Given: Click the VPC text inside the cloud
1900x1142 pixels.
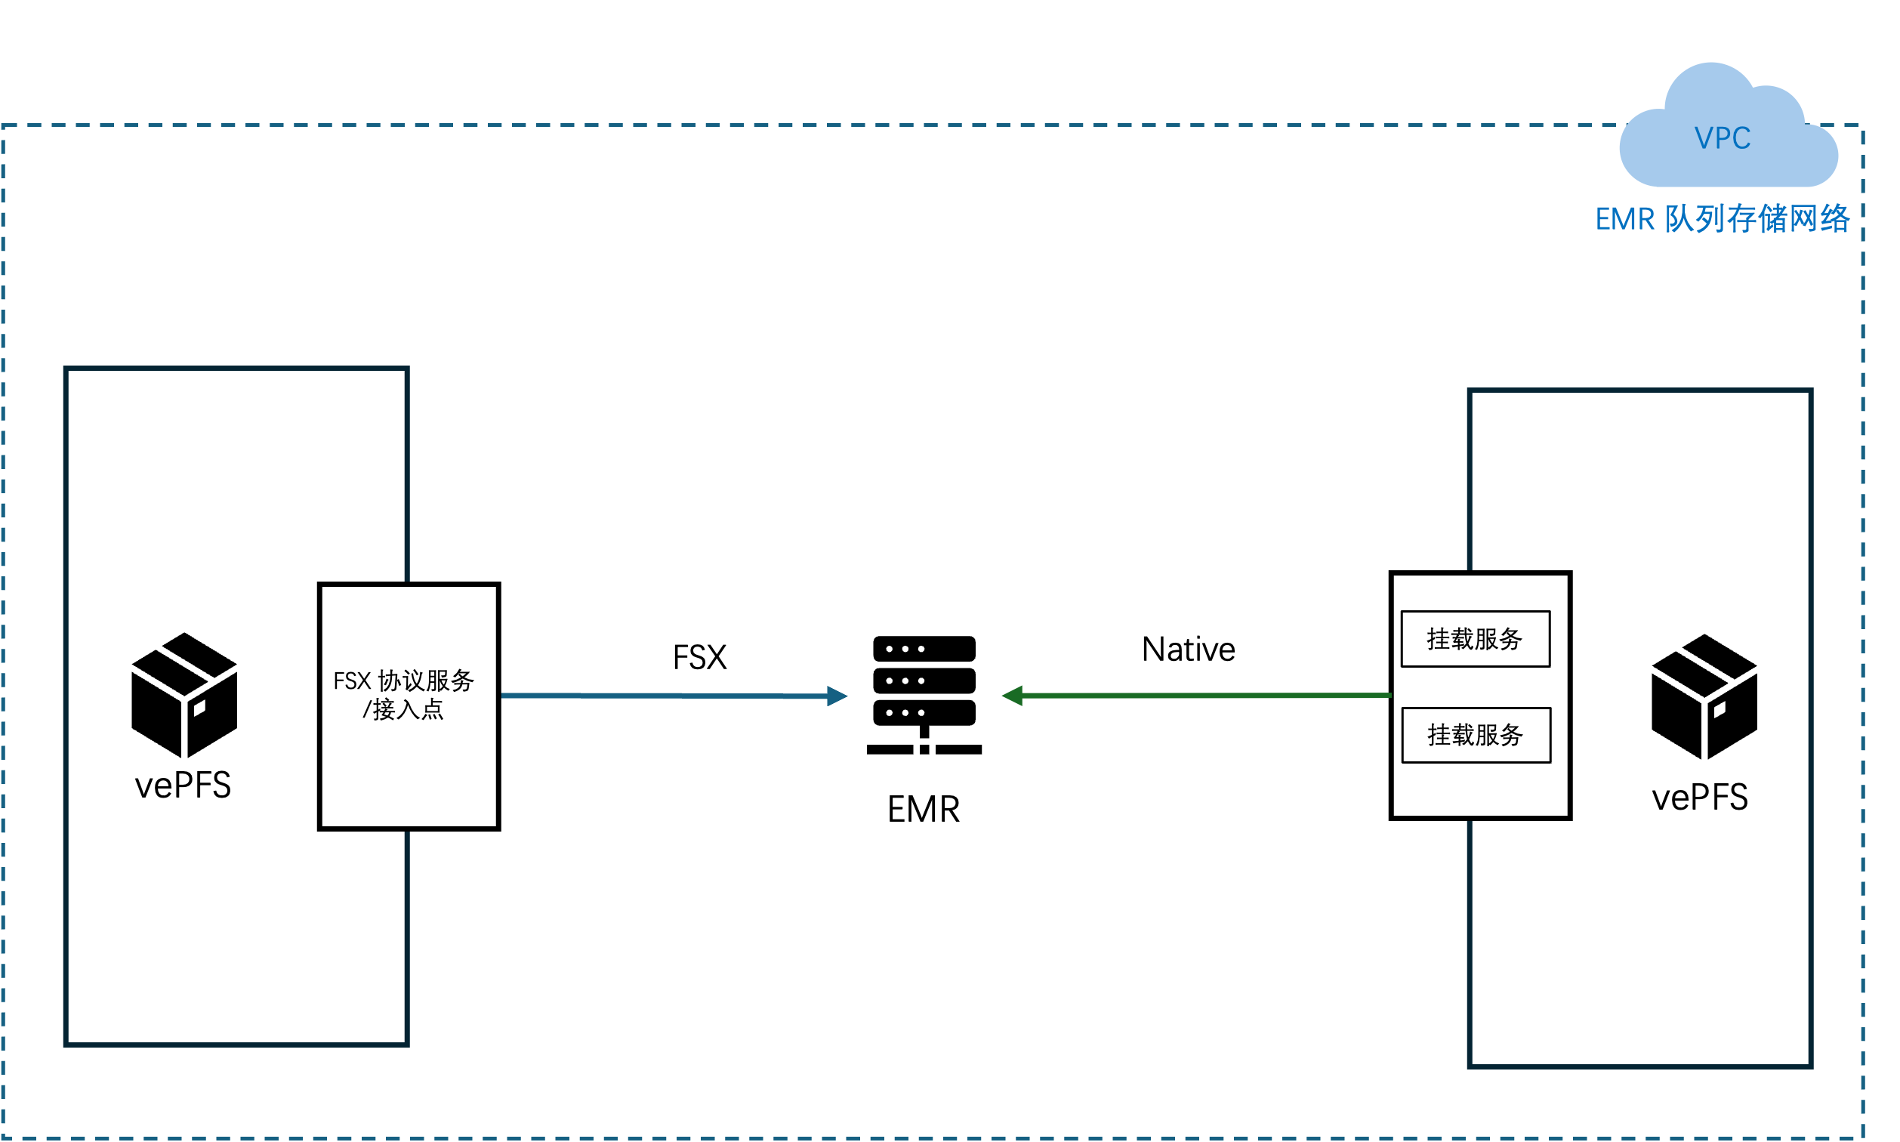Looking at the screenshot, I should pyautogui.click(x=1723, y=138).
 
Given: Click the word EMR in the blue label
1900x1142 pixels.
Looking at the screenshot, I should pyautogui.click(x=1624, y=220).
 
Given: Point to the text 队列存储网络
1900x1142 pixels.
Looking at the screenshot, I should pyautogui.click(x=1758, y=219).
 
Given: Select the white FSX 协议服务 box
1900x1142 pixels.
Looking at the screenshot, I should pyautogui.click(x=409, y=770).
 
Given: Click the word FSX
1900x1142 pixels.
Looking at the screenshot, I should pyautogui.click(x=352, y=681).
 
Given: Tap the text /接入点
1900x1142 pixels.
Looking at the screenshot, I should pyautogui.click(x=403, y=709).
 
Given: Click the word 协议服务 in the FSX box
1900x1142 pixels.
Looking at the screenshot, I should pyautogui.click(x=426, y=681).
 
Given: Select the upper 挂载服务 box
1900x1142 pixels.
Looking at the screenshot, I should pyautogui.click(x=1475, y=639).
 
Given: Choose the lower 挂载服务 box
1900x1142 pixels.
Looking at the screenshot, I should pyautogui.click(x=1476, y=736).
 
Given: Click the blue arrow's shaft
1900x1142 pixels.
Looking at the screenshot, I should pyautogui.click(x=662, y=696).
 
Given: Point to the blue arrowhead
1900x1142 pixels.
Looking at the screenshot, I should pyautogui.click(x=837, y=696).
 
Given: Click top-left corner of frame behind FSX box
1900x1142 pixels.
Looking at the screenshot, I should pyautogui.click(x=66, y=369).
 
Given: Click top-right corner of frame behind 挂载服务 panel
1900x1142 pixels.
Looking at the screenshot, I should pyautogui.click(x=1811, y=391).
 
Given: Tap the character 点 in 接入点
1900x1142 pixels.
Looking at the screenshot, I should pyautogui.click(x=432, y=709).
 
